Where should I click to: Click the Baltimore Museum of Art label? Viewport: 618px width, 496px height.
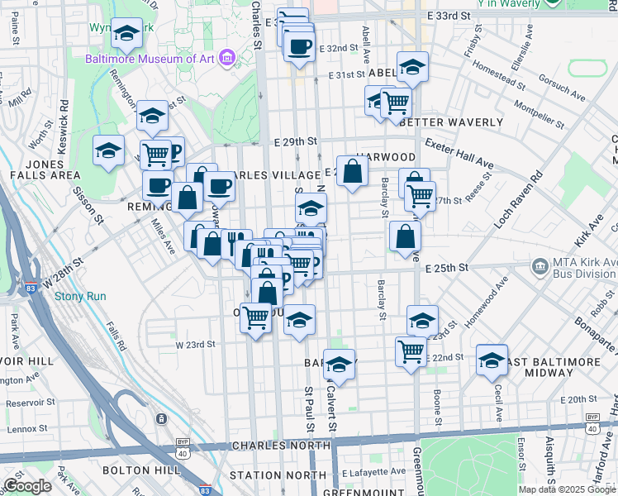150,58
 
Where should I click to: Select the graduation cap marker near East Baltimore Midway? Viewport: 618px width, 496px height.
492,360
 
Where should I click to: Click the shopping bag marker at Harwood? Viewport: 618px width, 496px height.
353,172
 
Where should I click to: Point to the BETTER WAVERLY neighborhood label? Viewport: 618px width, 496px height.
450,122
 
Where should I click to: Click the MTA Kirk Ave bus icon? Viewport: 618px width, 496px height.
540,267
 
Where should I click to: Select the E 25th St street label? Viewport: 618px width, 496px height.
447,268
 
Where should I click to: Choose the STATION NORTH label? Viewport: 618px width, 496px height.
278,475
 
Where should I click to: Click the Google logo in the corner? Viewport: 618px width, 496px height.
27,486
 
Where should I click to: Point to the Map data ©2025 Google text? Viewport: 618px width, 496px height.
567,489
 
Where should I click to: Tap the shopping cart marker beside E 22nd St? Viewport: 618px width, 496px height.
411,351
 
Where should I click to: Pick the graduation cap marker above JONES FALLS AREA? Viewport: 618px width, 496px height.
108,151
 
